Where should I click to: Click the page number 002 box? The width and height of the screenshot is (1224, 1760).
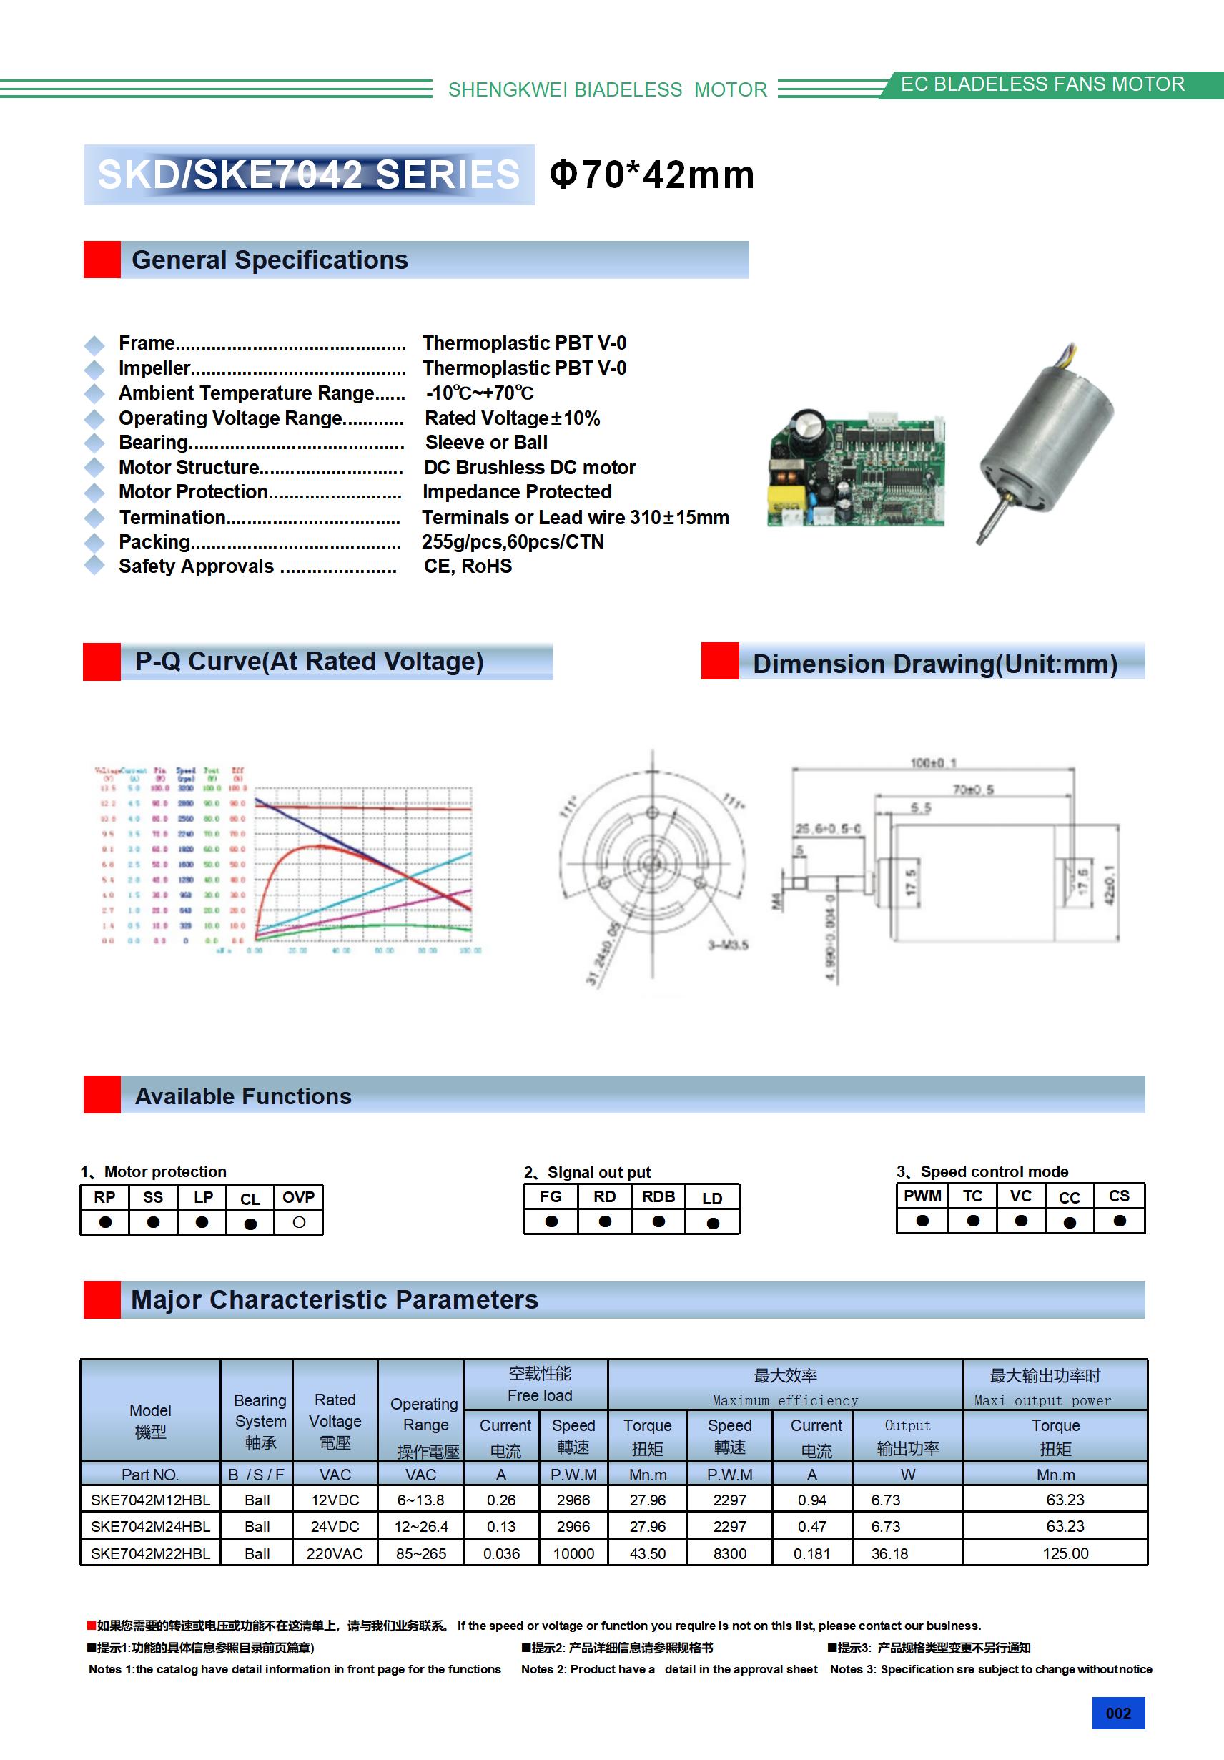pyautogui.click(x=1117, y=1713)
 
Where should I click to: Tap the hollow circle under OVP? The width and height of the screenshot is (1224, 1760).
pyautogui.click(x=299, y=1223)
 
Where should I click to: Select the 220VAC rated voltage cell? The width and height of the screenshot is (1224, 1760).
pyautogui.click(x=334, y=1553)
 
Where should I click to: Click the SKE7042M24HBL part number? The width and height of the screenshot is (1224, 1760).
pyautogui.click(x=150, y=1526)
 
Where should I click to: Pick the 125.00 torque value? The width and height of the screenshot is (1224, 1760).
pyautogui.click(x=1065, y=1553)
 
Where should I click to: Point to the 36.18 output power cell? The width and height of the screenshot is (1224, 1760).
pyautogui.click(x=889, y=1553)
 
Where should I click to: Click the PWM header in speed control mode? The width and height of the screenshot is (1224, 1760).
pyautogui.click(x=922, y=1196)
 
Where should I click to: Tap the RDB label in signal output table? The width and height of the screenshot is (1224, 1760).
pyautogui.click(x=658, y=1196)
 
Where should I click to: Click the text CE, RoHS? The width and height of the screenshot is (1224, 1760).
pyautogui.click(x=468, y=566)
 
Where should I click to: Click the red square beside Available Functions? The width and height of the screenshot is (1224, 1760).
pyautogui.click(x=102, y=1095)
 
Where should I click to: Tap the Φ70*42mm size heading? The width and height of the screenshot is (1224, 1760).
pyautogui.click(x=651, y=174)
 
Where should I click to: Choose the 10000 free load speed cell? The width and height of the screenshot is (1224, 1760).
pyautogui.click(x=573, y=1553)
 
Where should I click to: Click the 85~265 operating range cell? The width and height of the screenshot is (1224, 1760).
pyautogui.click(x=421, y=1553)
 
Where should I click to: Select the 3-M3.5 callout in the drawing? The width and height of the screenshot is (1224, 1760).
pyautogui.click(x=727, y=945)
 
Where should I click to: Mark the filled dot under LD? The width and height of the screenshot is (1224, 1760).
pyautogui.click(x=713, y=1224)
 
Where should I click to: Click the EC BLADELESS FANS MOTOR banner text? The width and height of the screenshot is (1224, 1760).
pyautogui.click(x=1042, y=84)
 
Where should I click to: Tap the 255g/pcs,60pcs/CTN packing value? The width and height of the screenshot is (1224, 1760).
pyautogui.click(x=513, y=542)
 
